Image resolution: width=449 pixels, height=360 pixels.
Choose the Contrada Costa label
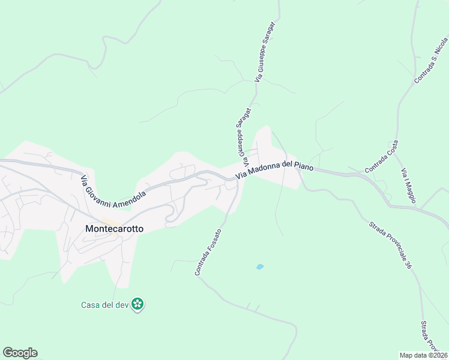coord(381,160)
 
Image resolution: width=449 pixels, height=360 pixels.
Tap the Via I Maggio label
coord(408,185)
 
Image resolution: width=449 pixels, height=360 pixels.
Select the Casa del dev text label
coord(106,305)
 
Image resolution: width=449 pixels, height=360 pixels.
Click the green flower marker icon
coord(138,304)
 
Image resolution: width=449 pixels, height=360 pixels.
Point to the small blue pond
coord(260,266)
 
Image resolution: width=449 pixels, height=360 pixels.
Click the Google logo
coord(20,353)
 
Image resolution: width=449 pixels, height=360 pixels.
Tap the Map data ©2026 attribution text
coord(424,355)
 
